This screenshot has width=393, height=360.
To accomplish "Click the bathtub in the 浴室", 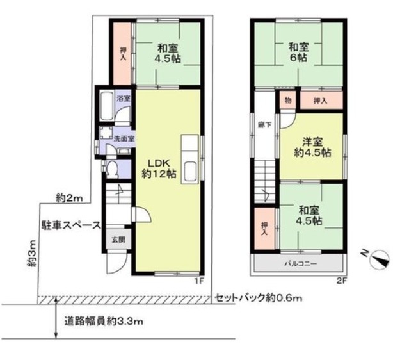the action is tap(106, 106).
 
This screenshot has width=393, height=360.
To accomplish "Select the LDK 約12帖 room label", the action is tap(159, 168).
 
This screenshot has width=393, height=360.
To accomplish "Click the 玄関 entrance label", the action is tap(118, 240).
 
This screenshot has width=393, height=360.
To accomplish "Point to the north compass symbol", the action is tap(379, 260).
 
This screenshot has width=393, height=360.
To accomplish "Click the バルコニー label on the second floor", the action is tap(301, 264).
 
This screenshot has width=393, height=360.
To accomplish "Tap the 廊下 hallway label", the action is tap(265, 125).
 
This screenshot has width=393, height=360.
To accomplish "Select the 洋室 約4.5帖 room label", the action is tap(312, 147).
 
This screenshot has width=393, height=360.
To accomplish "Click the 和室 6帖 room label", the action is tap(298, 53).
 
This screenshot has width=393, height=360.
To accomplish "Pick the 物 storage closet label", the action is tap(288, 101).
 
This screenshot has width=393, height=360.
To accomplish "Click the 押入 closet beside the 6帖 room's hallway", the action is tap(321, 101).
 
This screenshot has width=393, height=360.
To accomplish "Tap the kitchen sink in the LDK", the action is tap(190, 172).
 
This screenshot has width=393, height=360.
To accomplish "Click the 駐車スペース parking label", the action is tap(71, 225).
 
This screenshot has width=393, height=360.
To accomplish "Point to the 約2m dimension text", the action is tap(69, 198).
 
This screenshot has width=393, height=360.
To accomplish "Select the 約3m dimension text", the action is tap(32, 254).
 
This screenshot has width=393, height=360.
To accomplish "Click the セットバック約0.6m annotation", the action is tap(259, 298).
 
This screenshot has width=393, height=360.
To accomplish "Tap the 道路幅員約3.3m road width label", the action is tap(104, 321).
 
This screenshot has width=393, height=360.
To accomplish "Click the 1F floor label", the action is tap(200, 281).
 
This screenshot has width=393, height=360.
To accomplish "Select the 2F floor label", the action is tap(341, 281).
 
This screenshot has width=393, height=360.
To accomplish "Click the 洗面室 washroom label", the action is tap(124, 139).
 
